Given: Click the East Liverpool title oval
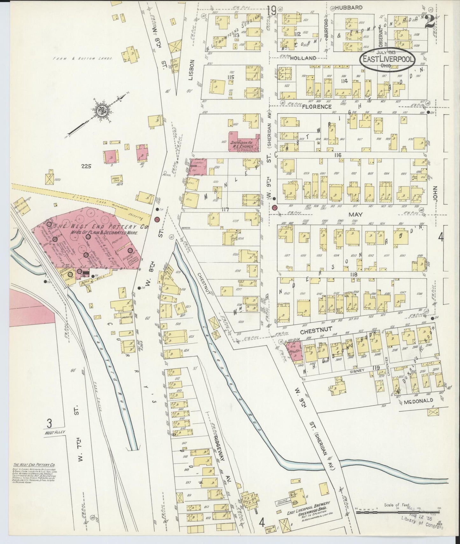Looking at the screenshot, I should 387,60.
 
